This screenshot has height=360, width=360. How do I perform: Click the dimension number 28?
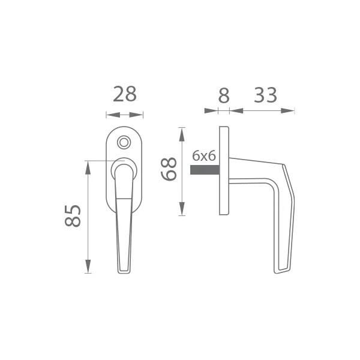click(125, 94)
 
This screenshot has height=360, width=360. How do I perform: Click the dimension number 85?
click(73, 216)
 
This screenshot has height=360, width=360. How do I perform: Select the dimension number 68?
click(169, 169)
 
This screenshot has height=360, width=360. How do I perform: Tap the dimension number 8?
click(224, 95)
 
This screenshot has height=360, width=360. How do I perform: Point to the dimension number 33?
click(265, 95)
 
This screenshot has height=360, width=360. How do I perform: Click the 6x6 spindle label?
click(204, 156)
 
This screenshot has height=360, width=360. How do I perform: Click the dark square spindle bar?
click(205, 170)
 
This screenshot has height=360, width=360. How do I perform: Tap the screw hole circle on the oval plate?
click(124, 143)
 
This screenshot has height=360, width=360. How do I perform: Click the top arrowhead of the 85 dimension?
click(88, 167)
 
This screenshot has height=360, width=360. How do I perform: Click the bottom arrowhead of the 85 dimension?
click(88, 266)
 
